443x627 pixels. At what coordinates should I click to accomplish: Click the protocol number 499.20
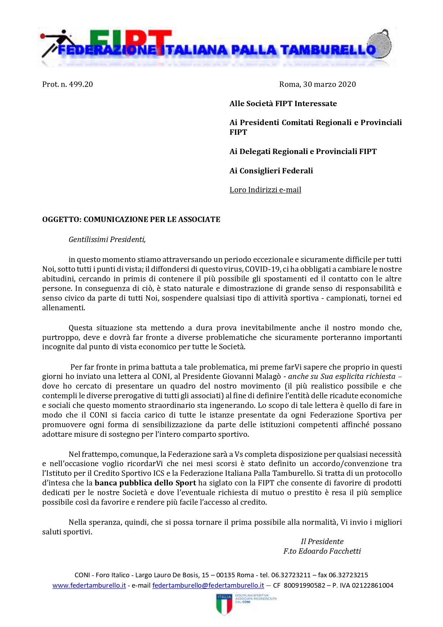[81, 84]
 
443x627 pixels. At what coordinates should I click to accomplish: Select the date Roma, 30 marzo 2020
[317, 84]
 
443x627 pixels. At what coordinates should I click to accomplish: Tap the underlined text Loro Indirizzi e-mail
[265, 190]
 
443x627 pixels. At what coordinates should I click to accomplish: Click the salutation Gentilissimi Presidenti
[107, 240]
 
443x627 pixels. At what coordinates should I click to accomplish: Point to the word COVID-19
[262, 269]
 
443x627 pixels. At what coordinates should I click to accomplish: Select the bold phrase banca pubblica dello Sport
[145, 483]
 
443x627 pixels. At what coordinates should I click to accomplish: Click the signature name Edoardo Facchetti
[329, 551]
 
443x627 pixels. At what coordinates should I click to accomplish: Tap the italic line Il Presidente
[322, 542]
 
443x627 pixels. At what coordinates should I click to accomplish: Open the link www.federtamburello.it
[89, 586]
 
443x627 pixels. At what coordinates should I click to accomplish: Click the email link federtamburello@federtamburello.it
[208, 586]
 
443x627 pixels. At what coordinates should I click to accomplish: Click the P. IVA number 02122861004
[373, 586]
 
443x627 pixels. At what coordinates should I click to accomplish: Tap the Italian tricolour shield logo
[224, 604]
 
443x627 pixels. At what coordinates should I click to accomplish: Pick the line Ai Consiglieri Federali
[271, 171]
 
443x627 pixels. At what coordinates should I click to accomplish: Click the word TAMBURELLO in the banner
[328, 50]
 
